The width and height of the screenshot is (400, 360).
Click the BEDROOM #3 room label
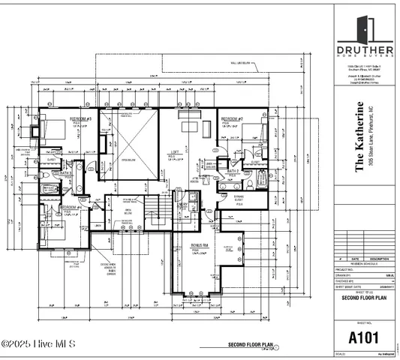(x=81, y=119)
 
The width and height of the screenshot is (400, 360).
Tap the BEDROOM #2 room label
(x=232, y=119)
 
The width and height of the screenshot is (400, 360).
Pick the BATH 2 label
(x=233, y=171)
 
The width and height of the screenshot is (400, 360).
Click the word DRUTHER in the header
(x=366, y=53)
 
